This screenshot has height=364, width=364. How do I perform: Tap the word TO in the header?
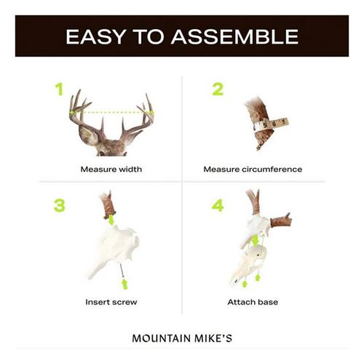(x=146, y=36)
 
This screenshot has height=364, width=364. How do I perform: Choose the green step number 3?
(x=59, y=206)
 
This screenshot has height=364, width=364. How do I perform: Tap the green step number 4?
(x=218, y=206)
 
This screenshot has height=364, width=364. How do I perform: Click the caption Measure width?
(x=111, y=169)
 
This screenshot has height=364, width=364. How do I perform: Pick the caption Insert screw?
(x=111, y=301)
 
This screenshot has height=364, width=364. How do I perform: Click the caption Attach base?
(x=253, y=301)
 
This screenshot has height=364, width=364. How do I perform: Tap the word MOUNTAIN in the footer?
(x=160, y=338)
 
